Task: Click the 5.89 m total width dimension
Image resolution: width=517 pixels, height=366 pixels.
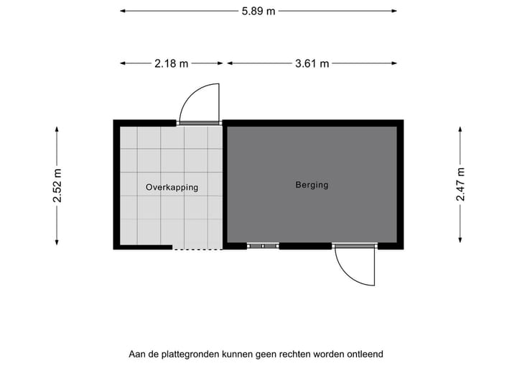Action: [258, 12]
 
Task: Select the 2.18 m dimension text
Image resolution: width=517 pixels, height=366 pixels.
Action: [171, 63]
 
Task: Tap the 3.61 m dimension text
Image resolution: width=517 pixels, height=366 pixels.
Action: [312, 63]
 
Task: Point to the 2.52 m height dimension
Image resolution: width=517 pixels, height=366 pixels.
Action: [57, 185]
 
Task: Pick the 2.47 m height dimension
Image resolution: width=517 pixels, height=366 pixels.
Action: [461, 184]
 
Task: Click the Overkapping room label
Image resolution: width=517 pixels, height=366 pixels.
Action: [172, 187]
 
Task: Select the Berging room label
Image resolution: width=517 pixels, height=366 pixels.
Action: [312, 185]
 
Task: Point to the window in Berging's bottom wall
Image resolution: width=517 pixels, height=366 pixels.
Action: [263, 246]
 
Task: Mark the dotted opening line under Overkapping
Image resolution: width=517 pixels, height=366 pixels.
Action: [197, 249]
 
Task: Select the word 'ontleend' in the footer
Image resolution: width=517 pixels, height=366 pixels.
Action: [365, 354]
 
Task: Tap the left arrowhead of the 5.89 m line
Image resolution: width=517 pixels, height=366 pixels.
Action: [123, 12]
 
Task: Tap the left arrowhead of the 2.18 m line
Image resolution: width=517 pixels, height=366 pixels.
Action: [123, 63]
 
